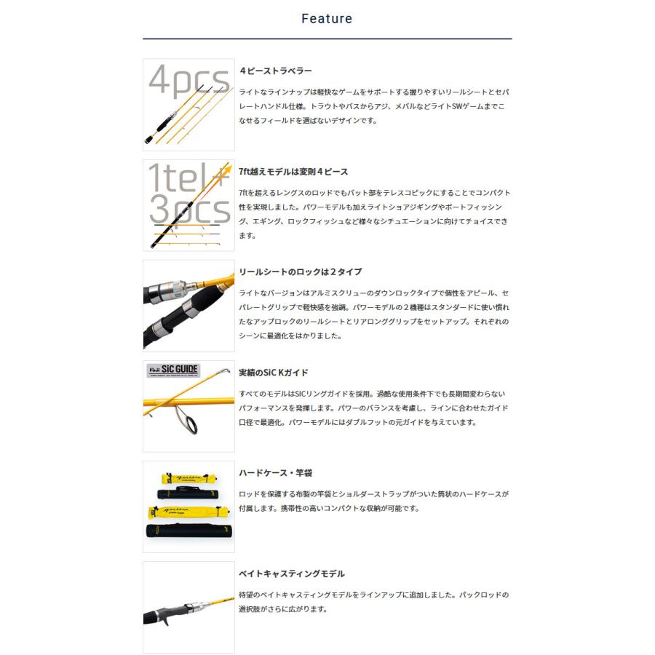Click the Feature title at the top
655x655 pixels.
click(327, 19)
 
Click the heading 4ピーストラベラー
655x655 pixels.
click(276, 71)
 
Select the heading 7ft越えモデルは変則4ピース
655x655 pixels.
click(293, 172)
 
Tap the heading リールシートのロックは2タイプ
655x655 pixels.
click(300, 271)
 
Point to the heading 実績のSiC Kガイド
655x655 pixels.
click(274, 373)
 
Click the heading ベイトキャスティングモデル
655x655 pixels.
click(292, 573)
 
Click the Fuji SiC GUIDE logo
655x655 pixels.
click(172, 369)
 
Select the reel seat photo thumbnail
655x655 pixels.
click(188, 306)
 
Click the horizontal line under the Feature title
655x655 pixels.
click(327, 39)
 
